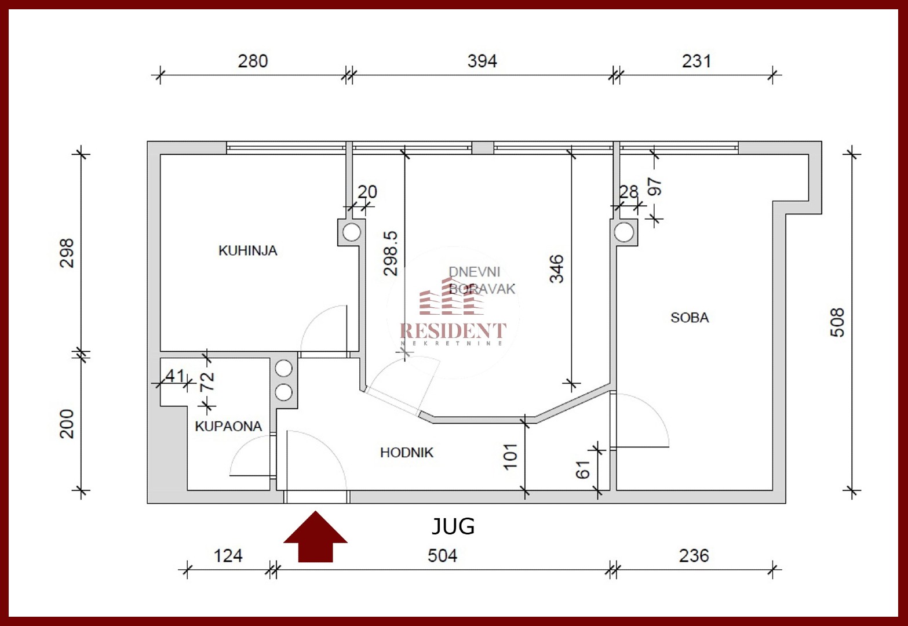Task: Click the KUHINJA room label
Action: coord(247,250)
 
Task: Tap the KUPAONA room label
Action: coord(228,426)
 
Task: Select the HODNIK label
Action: coord(407,453)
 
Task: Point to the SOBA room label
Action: coord(690,318)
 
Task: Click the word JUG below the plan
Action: coord(453,526)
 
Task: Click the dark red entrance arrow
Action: coord(315,537)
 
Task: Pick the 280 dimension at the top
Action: coord(253,61)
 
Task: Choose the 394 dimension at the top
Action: coord(482,61)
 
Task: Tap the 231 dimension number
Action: coord(696,61)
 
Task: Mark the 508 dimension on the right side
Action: coord(837,322)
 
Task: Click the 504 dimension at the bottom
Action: coord(442,556)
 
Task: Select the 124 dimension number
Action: coord(228,556)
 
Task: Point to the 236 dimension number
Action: coord(694,556)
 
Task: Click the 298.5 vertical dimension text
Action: coord(391,253)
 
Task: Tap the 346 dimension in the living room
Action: coord(556,268)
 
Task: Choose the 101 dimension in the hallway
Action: coord(510,457)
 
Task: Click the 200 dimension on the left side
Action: coord(67,424)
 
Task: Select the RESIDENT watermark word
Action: coord(453,330)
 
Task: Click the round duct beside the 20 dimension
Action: coord(352,232)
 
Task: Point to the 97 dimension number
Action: coord(655,187)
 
